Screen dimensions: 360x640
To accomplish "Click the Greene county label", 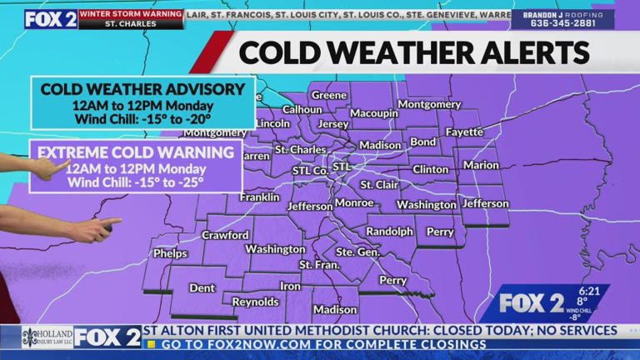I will [x=329, y=95].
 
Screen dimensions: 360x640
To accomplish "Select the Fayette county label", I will [x=464, y=132].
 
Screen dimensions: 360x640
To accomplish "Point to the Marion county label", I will [x=481, y=165].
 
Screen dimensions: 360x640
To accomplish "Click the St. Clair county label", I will [x=378, y=184].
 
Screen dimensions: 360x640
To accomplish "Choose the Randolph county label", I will [x=389, y=232].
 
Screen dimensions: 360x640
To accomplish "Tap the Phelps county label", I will [x=170, y=253].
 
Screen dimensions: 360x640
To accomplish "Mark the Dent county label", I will [x=202, y=287].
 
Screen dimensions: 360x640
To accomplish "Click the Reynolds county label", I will [x=255, y=302].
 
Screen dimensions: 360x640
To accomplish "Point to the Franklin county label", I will [x=259, y=197].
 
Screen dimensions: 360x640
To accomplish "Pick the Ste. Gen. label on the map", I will [x=357, y=251].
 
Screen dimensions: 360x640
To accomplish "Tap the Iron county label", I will [x=290, y=286].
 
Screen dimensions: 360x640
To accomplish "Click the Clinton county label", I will [x=430, y=169].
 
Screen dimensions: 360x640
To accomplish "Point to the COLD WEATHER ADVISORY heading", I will [x=142, y=89].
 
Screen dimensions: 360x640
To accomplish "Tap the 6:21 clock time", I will [x=588, y=291].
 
